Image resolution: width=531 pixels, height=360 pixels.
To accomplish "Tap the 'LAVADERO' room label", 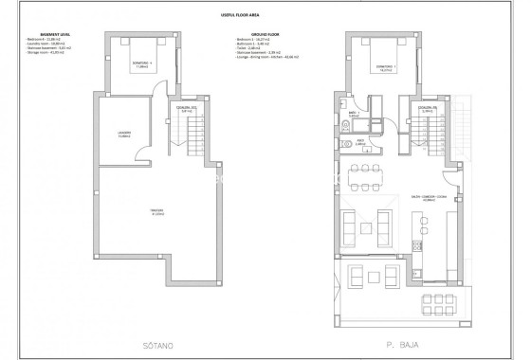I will [x=124, y=133].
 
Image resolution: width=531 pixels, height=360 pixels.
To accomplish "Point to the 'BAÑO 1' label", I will [x=351, y=114].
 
